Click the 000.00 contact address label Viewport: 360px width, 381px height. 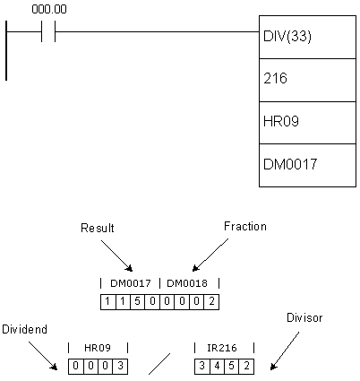click(49, 9)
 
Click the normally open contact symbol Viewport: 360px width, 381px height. click(48, 31)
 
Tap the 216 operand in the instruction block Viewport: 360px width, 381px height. click(275, 79)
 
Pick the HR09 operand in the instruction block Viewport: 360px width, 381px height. click(281, 121)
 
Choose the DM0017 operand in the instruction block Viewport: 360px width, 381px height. click(290, 164)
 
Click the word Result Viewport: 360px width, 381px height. click(98, 228)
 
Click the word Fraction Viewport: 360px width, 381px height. click(245, 227)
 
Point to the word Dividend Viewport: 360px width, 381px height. click(24, 329)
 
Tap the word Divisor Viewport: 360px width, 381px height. click(304, 317)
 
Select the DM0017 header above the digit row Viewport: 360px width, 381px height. click(131, 283)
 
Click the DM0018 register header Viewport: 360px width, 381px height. click(187, 283)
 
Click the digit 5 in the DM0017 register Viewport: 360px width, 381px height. click(137, 301)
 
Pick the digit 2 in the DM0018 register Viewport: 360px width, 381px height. click(211, 301)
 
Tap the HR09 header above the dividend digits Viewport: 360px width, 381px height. click(98, 348)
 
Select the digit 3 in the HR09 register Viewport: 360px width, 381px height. click(120, 366)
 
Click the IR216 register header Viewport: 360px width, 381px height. click(222, 348)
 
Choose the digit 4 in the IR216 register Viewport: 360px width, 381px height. click(217, 366)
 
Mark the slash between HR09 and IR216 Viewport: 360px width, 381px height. click(159, 364)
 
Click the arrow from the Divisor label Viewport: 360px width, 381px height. click(285, 351)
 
